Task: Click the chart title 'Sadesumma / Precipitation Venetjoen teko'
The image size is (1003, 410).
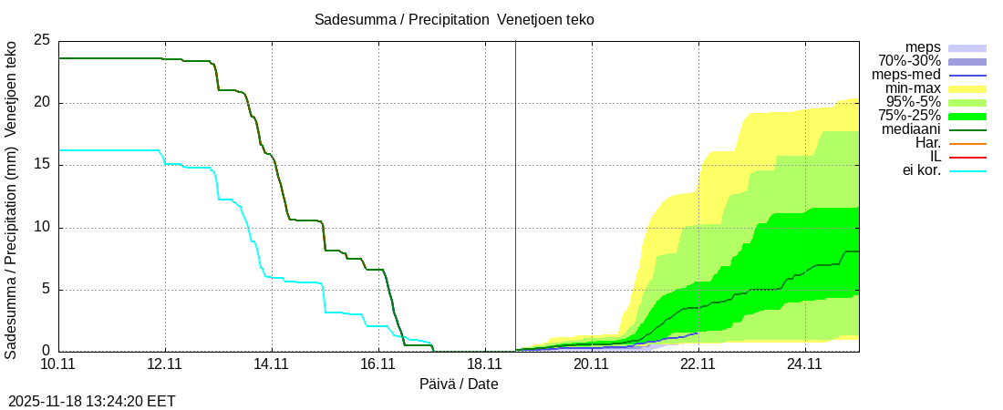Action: (x=454, y=20)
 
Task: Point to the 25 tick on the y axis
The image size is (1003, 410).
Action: (x=41, y=40)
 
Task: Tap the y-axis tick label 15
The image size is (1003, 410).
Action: (x=41, y=165)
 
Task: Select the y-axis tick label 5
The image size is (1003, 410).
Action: (x=46, y=290)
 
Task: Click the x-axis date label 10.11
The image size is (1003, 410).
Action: (x=58, y=364)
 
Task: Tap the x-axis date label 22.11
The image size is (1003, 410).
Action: (x=698, y=364)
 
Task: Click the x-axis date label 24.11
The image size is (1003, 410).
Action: (x=804, y=364)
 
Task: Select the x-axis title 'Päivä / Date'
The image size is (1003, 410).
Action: (x=459, y=384)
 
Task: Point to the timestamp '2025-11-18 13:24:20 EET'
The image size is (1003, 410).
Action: (x=92, y=401)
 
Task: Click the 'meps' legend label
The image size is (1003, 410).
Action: (x=923, y=47)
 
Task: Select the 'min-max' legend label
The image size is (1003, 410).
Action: (x=913, y=88)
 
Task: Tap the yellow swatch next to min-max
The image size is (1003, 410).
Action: (x=967, y=88)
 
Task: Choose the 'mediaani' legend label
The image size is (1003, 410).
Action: (x=911, y=129)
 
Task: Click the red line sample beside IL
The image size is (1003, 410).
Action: (x=967, y=157)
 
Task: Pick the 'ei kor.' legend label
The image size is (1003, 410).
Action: (x=915, y=170)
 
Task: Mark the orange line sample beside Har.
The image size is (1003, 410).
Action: (x=967, y=143)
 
